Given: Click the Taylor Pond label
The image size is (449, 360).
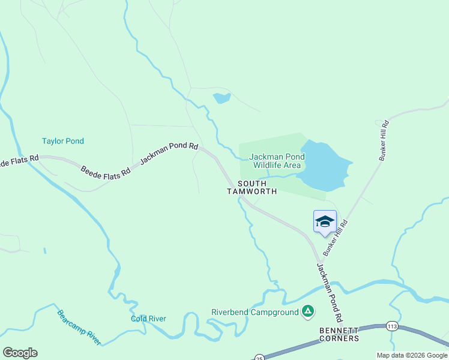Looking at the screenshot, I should (x=63, y=141).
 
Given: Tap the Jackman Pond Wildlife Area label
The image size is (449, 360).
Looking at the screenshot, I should (x=276, y=161).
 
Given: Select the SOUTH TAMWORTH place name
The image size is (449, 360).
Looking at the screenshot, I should (x=252, y=187).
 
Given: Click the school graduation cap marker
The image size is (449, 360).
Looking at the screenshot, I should (x=325, y=221).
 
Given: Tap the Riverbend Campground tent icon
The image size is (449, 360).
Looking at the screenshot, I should (x=307, y=311).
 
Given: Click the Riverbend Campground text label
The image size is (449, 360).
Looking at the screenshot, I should (x=255, y=312).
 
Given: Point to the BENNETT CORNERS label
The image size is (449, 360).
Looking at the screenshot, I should (x=339, y=334).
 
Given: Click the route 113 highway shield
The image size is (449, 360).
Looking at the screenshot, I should (x=392, y=326).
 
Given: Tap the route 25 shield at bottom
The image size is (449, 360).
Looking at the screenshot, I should (x=259, y=357).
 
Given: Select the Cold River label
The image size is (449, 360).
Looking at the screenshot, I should (x=148, y=319).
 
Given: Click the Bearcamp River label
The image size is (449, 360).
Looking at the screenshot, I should (x=79, y=328).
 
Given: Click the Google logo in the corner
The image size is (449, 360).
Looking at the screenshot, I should (x=20, y=352).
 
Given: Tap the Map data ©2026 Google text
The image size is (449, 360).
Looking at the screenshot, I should (x=412, y=355).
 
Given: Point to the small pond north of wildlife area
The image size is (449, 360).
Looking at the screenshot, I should (x=221, y=98).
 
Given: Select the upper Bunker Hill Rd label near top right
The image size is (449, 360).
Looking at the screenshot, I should (x=384, y=140).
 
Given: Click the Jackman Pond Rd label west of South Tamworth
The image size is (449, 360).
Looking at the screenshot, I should (x=169, y=154).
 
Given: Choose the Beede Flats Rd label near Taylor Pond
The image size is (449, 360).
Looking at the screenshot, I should (x=106, y=171).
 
